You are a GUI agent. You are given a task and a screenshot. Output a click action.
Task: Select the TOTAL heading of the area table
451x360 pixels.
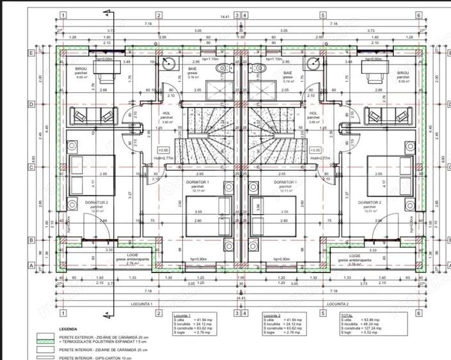point(347,315)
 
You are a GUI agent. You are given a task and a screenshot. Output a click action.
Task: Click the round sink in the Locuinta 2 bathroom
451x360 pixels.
point(313,63)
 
